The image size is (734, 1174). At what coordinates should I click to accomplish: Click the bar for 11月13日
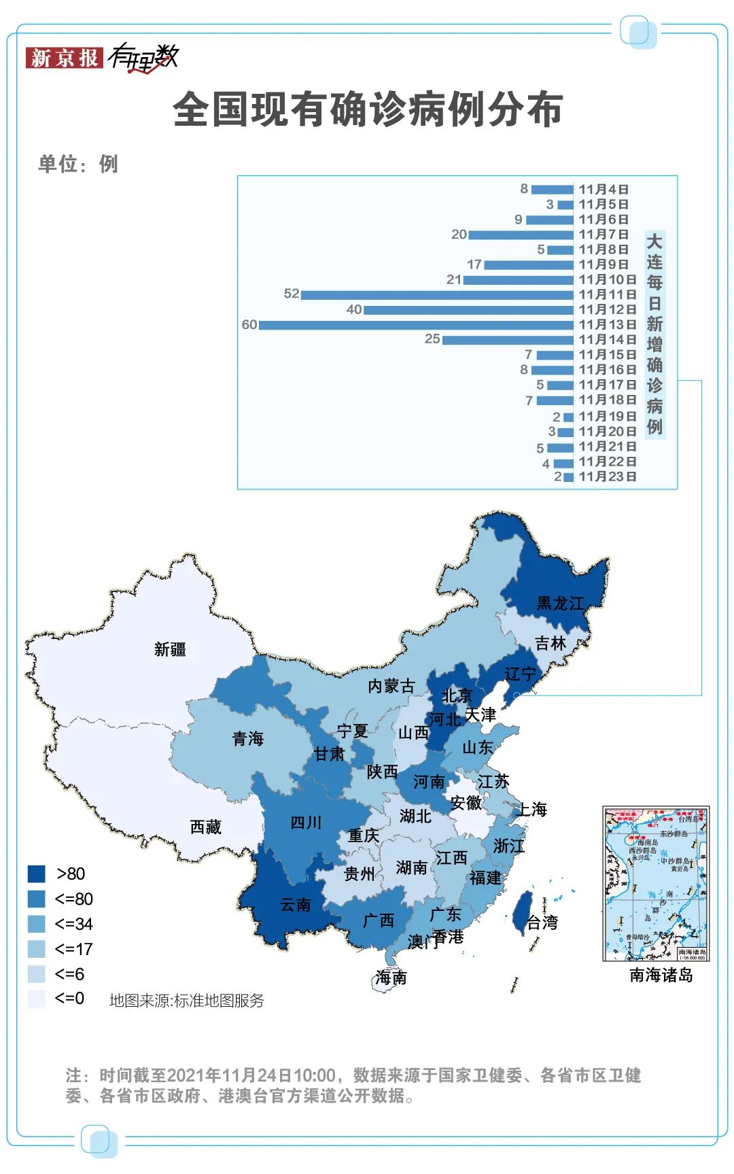416,325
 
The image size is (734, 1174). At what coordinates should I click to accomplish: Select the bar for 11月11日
437,294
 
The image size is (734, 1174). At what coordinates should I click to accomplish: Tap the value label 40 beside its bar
354,309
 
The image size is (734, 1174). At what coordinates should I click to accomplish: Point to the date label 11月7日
604,235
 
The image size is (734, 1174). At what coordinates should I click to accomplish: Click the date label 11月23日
608,477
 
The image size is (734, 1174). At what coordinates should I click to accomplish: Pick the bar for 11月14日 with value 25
508,339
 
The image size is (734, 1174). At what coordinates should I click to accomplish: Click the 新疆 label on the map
170,649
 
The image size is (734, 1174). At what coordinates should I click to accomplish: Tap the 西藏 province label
206,827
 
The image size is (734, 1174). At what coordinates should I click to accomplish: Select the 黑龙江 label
560,603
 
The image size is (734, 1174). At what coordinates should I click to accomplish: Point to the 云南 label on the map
296,905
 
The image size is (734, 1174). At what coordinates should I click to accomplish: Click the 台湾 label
542,922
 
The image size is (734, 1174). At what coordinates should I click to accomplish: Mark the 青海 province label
248,738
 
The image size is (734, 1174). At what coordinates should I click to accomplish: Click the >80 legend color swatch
37,874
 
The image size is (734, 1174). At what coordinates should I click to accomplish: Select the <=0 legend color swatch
37,999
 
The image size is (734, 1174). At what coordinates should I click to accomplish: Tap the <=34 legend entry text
74,924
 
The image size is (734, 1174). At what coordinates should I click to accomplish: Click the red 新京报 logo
64,58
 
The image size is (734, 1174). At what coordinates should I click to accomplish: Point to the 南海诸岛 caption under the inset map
661,975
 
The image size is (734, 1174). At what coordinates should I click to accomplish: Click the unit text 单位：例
78,164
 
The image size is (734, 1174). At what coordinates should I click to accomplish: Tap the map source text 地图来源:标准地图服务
187,1000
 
